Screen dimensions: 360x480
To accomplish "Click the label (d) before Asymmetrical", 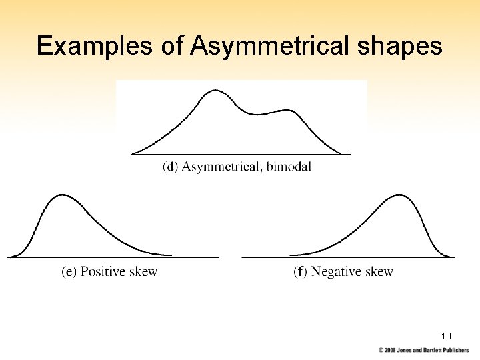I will [170, 167].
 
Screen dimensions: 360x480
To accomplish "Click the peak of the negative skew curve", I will [399, 195].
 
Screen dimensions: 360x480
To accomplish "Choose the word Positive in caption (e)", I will [103, 271].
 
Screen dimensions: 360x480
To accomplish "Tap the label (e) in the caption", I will [69, 272].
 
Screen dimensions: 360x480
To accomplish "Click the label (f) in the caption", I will [301, 272].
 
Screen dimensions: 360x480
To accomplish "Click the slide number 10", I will [446, 335].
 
